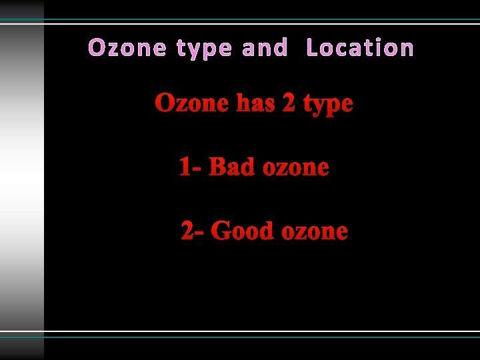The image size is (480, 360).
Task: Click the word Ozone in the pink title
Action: (127, 48)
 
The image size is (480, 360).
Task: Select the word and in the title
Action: (265, 48)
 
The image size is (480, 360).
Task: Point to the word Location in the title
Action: (360, 48)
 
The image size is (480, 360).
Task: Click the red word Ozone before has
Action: (192, 104)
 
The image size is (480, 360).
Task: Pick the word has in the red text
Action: (256, 104)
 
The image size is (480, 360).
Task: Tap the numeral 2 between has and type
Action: (289, 104)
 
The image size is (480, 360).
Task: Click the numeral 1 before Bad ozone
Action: (185, 167)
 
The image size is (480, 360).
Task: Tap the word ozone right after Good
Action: (314, 232)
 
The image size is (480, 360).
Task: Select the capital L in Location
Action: (312, 48)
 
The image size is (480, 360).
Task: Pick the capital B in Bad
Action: (217, 167)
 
